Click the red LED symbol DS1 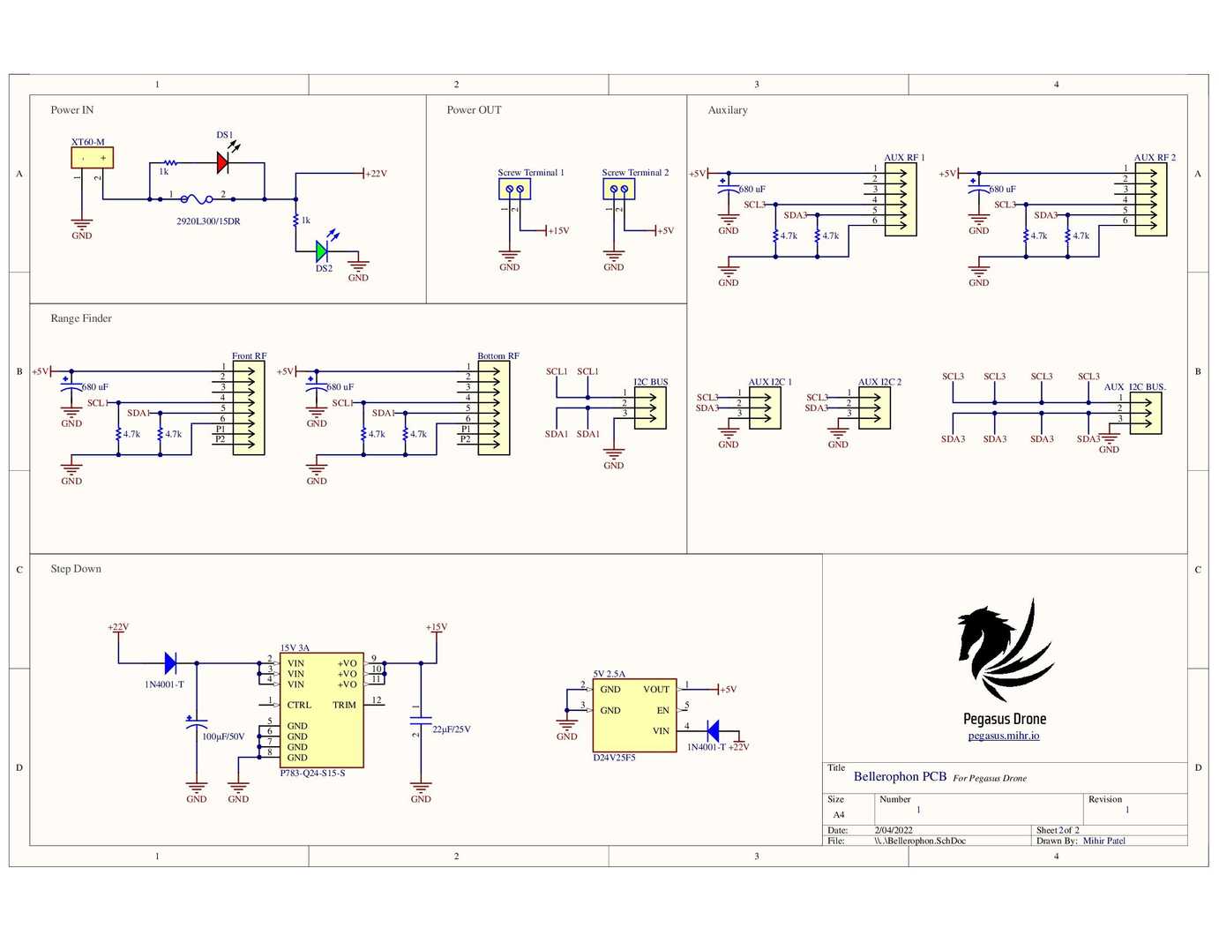[x=223, y=162]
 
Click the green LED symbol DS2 [x=322, y=251]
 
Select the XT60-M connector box [x=92, y=158]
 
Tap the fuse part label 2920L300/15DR [x=208, y=221]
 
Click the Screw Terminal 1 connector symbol [x=514, y=189]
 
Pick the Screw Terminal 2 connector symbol [x=618, y=189]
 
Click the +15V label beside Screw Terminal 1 [x=559, y=231]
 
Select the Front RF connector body [x=249, y=408]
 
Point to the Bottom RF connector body [x=494, y=408]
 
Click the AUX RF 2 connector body [x=1151, y=199]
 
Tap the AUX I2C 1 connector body [x=765, y=408]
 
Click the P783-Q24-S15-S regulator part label [x=312, y=774]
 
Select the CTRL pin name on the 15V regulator [x=299, y=705]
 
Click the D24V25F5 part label [x=614, y=758]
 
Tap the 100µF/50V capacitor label [x=223, y=736]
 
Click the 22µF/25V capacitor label [x=451, y=729]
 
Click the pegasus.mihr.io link [x=1003, y=736]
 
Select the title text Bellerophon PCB [x=900, y=777]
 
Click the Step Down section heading [x=76, y=569]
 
